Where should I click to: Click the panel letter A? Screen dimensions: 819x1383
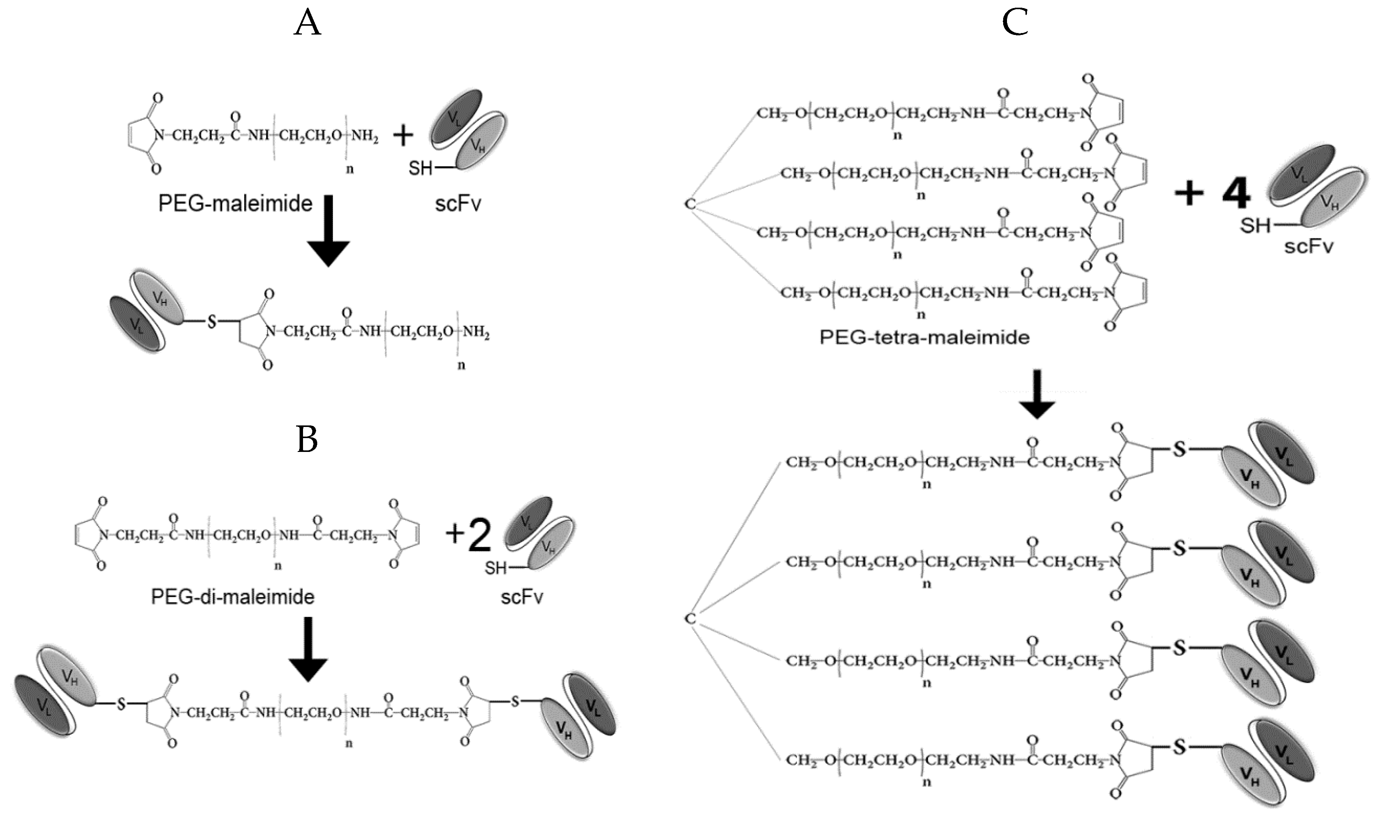(x=307, y=24)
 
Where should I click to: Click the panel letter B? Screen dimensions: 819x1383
(x=307, y=440)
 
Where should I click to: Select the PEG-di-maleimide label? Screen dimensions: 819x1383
(x=232, y=597)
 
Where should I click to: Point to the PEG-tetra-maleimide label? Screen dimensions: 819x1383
(x=924, y=337)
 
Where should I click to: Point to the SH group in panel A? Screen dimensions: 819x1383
(x=421, y=168)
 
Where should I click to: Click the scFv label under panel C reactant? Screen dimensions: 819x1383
(x=1308, y=246)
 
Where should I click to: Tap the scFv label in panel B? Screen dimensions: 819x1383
(x=522, y=597)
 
